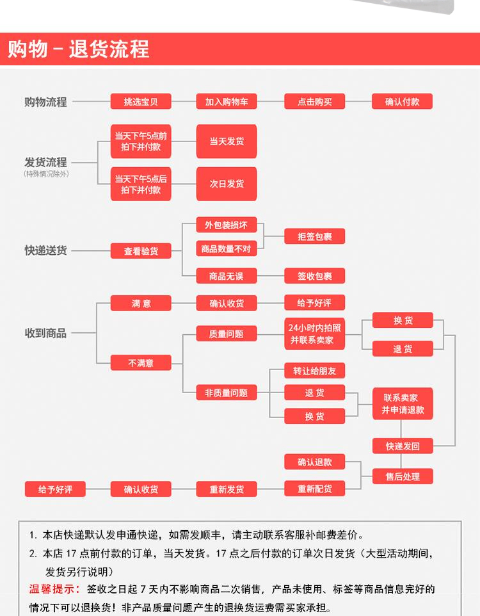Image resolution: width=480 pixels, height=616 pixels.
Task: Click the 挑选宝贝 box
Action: point(141,101)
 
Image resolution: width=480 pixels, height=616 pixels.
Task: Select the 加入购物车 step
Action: point(226,101)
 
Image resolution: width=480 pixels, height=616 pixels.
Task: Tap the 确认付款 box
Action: point(402,101)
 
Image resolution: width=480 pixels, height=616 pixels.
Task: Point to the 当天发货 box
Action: point(226,141)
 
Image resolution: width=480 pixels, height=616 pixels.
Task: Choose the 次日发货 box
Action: point(226,184)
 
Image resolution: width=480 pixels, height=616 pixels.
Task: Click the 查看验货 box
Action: point(141,251)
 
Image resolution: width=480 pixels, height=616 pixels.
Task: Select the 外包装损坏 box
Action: point(226,225)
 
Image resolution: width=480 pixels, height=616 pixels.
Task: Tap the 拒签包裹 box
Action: point(314,236)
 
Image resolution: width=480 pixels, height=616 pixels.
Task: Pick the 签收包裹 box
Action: point(314,276)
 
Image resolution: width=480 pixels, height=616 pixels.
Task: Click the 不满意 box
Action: point(141,363)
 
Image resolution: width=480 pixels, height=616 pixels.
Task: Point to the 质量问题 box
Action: point(226,334)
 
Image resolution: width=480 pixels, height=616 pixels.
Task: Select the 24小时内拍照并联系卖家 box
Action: point(314,334)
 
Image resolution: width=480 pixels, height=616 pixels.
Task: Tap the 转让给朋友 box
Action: point(314,371)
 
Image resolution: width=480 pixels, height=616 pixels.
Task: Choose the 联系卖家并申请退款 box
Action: point(403,403)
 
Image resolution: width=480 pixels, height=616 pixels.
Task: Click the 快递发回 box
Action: point(403,446)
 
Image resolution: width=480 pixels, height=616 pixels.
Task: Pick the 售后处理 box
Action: point(403,476)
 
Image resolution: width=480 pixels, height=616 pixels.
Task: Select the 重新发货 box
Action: point(226,489)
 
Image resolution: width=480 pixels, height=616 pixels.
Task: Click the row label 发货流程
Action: point(45,163)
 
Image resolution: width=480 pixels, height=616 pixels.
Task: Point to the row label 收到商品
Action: point(45,333)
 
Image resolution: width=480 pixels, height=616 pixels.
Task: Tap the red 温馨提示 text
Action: point(54,589)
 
